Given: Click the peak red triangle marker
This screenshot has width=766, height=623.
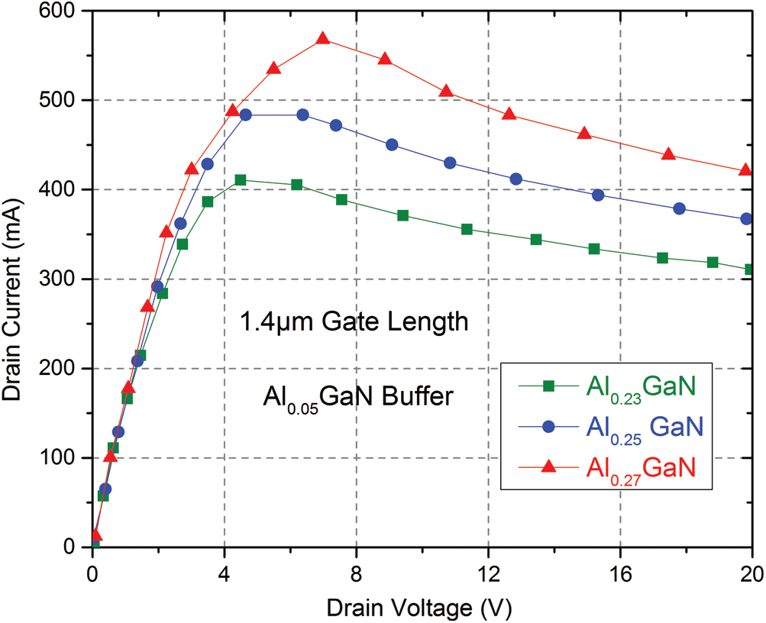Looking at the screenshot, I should click(x=322, y=39).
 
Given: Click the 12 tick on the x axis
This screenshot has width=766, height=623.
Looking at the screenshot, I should click(x=487, y=569).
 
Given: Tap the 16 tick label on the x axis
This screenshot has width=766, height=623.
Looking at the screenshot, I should click(x=620, y=569).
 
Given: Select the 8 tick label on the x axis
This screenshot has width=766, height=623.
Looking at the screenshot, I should click(x=356, y=569).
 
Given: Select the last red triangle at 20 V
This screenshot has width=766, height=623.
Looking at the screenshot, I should click(x=746, y=170).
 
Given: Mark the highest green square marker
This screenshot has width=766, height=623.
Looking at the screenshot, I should click(x=241, y=180).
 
